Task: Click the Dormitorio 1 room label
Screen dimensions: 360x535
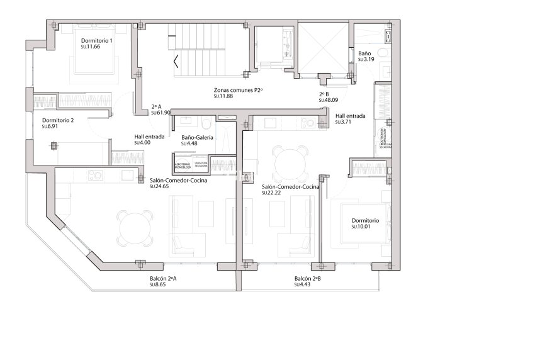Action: [x=97, y=41]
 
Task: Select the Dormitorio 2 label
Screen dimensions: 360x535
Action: [x=58, y=120]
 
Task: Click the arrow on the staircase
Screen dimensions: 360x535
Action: [x=177, y=62]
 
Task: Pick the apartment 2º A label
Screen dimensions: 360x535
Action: [x=157, y=106]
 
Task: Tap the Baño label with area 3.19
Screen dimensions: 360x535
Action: [x=364, y=53]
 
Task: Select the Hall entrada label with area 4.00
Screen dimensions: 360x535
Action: [x=149, y=137]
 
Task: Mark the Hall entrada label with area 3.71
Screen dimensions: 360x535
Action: [x=349, y=116]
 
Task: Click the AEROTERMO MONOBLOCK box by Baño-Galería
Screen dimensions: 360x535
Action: [x=182, y=164]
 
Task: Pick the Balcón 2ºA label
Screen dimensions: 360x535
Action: [x=163, y=278]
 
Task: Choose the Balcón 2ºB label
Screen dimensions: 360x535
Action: [x=308, y=278]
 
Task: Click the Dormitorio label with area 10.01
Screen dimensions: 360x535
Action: [x=365, y=221]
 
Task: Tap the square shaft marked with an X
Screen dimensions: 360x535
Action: [x=323, y=48]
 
